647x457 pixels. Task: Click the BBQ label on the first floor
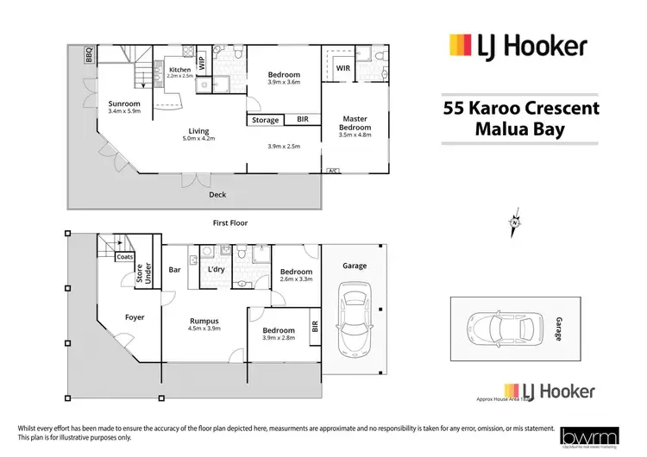(x=89, y=55)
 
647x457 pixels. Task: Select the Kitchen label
(x=179, y=70)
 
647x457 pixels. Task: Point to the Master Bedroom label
(x=355, y=124)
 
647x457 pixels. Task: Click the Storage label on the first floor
(x=266, y=120)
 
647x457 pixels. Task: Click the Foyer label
(x=135, y=317)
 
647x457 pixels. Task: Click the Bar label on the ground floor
(x=174, y=269)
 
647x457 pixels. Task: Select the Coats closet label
(x=123, y=257)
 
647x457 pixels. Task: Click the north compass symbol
(x=516, y=222)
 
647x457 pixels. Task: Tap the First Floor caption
(x=230, y=222)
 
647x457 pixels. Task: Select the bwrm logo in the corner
(x=583, y=437)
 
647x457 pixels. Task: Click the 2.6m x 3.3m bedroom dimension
(x=296, y=278)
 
